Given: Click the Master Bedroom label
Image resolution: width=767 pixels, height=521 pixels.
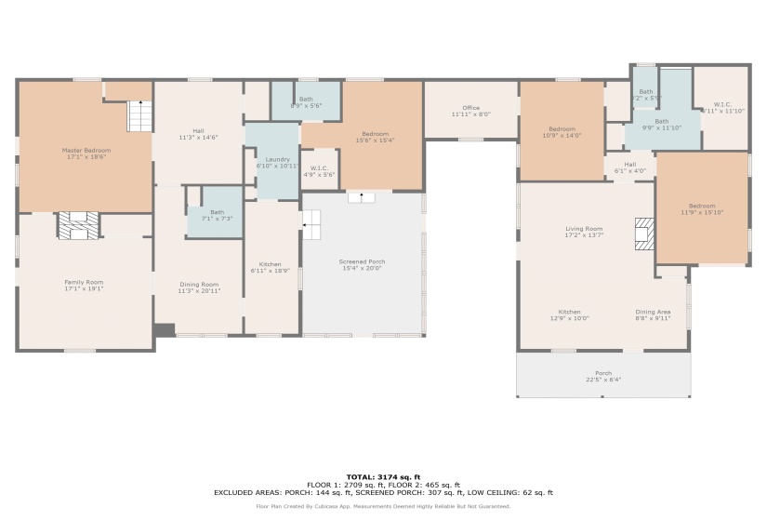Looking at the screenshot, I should pos(86,154).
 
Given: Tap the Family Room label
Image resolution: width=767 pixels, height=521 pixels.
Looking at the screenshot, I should pos(84,285).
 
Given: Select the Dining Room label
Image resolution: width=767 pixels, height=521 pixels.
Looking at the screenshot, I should pos(199,287).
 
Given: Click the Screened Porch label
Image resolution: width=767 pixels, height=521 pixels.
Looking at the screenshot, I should pos(362,265).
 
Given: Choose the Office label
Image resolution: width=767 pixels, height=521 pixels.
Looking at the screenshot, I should pos(470,111).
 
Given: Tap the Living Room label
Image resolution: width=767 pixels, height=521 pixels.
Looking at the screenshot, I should pos(584,232).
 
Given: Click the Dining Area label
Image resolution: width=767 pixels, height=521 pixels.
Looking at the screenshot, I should pos(653,314).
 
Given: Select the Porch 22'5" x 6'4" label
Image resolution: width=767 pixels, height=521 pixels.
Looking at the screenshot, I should pos(603,376).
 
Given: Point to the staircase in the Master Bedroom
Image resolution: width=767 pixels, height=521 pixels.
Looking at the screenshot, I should pos(139,116).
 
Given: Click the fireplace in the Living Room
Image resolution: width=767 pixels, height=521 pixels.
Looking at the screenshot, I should pos(643,234).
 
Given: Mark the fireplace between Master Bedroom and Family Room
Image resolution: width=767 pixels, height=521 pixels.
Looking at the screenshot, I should pos(78,225).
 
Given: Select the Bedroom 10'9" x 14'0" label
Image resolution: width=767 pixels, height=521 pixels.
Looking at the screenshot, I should pos(562,132).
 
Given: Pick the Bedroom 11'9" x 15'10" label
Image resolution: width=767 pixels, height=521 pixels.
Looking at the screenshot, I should pos(702,209).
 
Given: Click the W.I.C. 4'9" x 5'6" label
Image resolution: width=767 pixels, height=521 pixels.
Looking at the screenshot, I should pos(320,171).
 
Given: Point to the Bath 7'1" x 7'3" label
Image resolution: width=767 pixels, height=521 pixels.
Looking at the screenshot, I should pos(217,214).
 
